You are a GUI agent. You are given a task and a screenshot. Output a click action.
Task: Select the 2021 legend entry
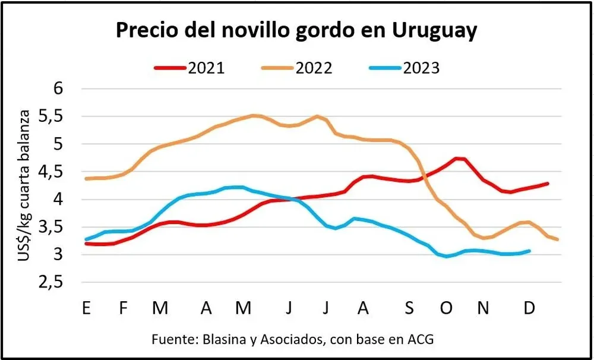coord(190,68)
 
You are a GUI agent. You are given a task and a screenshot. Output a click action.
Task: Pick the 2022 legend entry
coord(297,68)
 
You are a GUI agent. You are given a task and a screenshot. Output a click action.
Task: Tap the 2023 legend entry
coord(405,68)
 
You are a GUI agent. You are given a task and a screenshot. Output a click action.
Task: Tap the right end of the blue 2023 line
coord(529,251)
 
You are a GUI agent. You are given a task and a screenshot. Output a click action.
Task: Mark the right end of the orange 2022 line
coord(557,239)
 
